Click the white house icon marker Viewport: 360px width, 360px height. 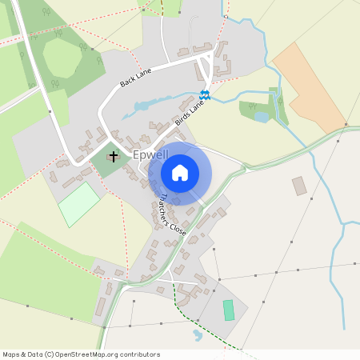180,172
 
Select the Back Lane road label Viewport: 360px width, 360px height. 135,78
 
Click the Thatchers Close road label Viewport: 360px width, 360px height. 172,214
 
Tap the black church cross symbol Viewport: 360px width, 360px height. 114,156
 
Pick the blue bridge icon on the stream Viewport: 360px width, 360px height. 205,96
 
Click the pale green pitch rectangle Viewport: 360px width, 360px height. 78,204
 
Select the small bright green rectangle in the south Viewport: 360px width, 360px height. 229,310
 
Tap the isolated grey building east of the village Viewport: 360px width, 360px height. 299,186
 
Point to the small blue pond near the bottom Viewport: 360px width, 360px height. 197,334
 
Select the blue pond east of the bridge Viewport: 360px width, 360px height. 262,117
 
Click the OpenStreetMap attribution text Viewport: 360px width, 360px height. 81,353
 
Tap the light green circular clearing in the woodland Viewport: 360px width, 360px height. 62,58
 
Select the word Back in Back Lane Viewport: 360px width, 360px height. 127,82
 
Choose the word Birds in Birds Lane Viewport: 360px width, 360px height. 182,121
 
